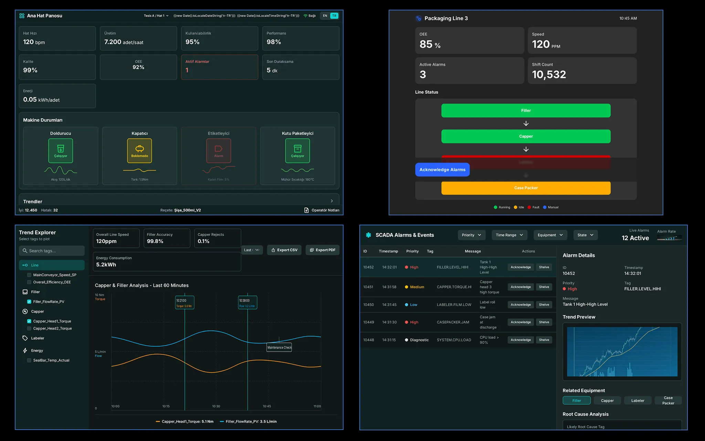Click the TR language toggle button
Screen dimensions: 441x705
click(x=334, y=16)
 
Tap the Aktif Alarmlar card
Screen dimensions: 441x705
click(x=220, y=67)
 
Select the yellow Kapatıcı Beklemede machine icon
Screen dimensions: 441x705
click(x=139, y=151)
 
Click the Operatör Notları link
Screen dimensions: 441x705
click(x=322, y=210)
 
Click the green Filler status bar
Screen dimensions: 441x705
click(x=526, y=111)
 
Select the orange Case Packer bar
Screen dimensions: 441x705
click(x=526, y=188)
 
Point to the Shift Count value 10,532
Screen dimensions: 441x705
click(x=549, y=74)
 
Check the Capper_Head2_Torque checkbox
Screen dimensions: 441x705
click(x=29, y=329)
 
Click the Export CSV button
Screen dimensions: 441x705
click(x=284, y=250)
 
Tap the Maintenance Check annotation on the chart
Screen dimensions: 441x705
click(x=279, y=347)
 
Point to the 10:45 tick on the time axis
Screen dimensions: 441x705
click(x=267, y=406)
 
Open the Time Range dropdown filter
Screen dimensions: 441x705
click(x=509, y=235)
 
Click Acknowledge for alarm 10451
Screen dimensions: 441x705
click(x=520, y=287)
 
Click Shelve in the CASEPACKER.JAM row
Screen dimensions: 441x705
click(x=544, y=322)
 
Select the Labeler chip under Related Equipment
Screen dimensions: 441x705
click(x=638, y=400)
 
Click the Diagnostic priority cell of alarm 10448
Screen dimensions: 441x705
click(x=417, y=340)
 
